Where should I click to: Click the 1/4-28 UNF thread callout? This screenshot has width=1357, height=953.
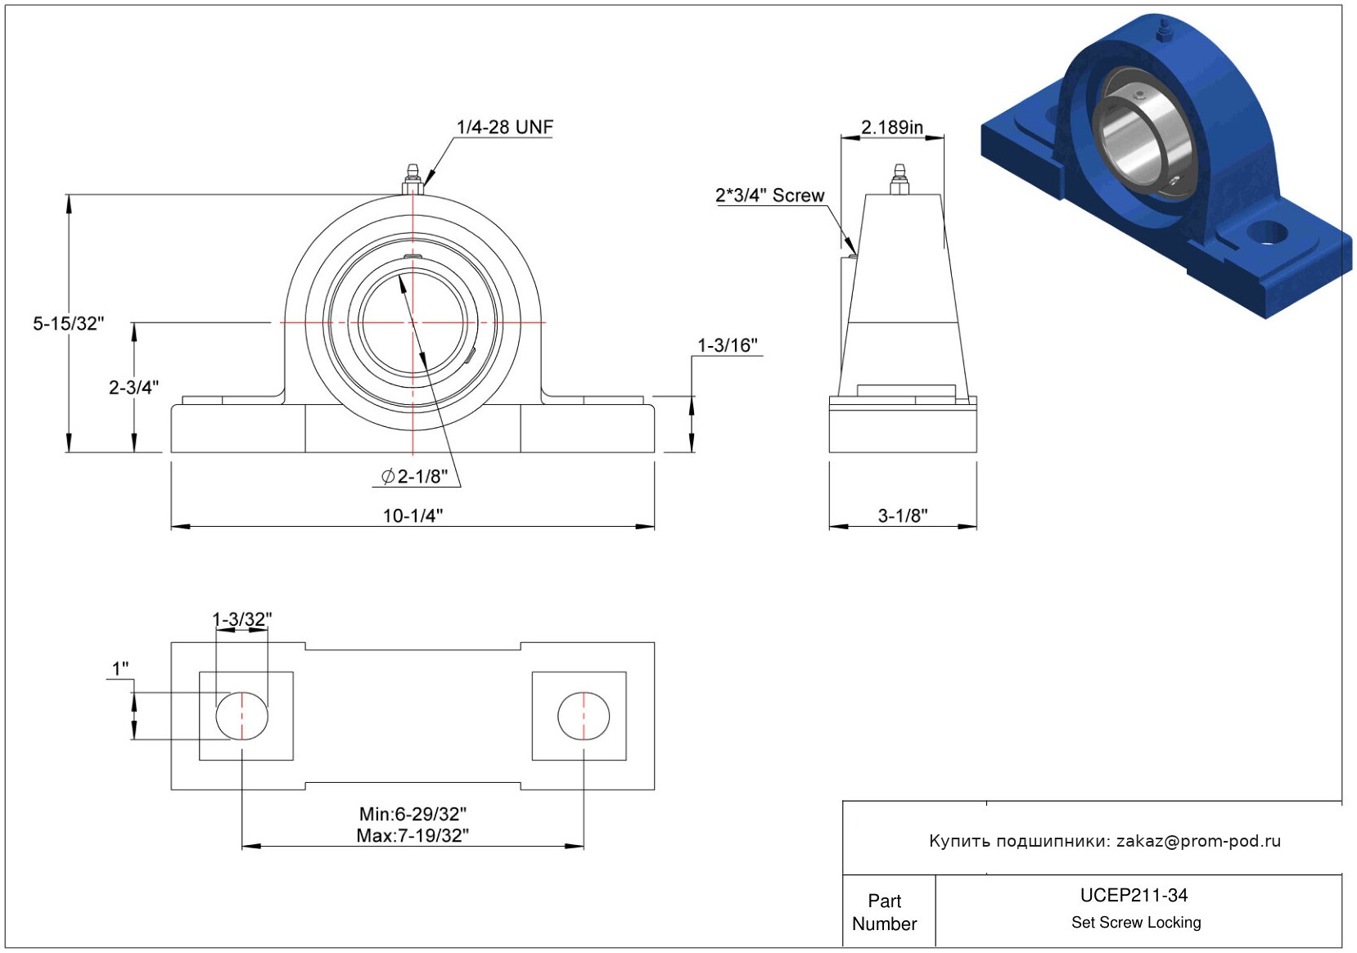click(504, 127)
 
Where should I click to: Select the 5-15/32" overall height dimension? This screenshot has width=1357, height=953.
click(69, 323)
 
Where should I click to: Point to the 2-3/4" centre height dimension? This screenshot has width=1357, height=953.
click(133, 387)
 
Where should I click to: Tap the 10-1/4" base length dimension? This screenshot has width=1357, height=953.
click(413, 515)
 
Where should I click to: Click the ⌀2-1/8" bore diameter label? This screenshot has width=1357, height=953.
click(414, 476)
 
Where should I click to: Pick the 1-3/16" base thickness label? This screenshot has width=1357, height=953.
click(727, 345)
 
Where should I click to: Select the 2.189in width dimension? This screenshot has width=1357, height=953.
click(892, 127)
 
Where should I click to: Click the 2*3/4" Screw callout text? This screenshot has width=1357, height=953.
click(769, 196)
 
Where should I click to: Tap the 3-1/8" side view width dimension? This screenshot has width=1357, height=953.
click(903, 515)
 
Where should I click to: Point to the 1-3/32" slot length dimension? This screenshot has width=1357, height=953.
click(241, 618)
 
